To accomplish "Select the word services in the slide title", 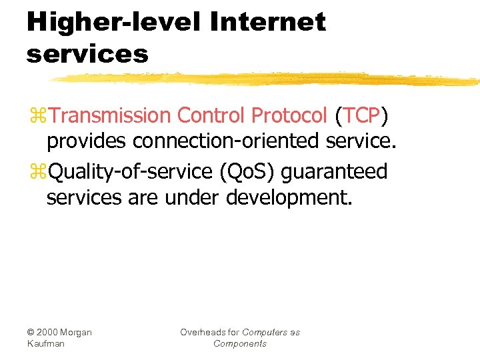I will click(87, 54).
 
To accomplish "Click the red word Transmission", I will click(110, 116).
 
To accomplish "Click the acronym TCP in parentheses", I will click(362, 116).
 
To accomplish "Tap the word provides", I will click(87, 142).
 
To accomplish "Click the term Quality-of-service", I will click(131, 171).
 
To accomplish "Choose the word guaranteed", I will click(334, 172).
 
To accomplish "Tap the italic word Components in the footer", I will click(240, 343).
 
